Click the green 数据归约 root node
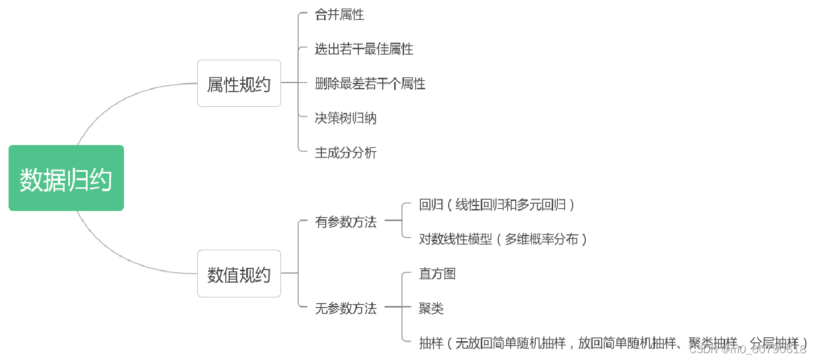[66, 178]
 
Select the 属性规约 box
[239, 84]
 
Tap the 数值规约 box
[239, 274]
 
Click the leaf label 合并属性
[340, 15]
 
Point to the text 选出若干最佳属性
[364, 49]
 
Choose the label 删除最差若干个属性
[370, 84]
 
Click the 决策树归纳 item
[346, 118]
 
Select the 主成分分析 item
[346, 153]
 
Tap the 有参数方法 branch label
[346, 222]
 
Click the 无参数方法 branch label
[346, 308]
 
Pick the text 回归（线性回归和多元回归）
[497, 205]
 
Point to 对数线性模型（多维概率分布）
[503, 239]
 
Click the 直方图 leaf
[437, 274]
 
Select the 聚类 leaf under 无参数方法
[431, 308]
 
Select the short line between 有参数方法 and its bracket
[393, 222]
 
